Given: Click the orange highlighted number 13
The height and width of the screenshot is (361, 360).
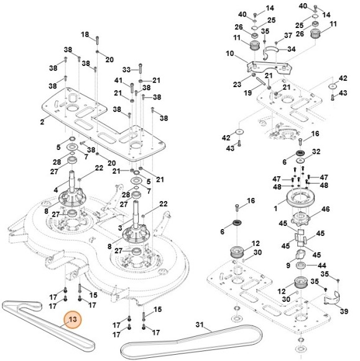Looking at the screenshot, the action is click(x=73, y=319).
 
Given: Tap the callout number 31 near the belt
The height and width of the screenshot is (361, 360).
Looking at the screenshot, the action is click(x=200, y=325).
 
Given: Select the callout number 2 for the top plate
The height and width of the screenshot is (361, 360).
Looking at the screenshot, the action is click(x=42, y=122).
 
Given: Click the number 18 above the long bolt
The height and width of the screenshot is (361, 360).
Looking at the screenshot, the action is click(x=85, y=34).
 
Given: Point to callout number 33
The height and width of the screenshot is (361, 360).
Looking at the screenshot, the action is click(x=126, y=70).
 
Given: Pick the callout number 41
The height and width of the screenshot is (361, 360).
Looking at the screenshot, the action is click(x=118, y=80).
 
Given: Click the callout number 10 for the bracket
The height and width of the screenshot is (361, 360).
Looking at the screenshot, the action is click(x=229, y=54).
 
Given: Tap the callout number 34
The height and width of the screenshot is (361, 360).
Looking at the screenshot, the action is click(x=292, y=49).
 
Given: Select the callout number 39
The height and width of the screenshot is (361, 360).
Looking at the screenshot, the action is click(x=344, y=311).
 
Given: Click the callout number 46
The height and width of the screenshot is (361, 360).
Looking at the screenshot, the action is click(x=326, y=209).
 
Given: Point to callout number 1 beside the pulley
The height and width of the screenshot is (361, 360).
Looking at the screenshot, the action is click(x=275, y=209).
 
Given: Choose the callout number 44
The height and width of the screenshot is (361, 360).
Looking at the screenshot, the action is click(x=322, y=265).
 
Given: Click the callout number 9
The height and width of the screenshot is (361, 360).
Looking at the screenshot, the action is click(x=288, y=265).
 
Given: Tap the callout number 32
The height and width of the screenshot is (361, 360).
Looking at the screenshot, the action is click(x=316, y=151).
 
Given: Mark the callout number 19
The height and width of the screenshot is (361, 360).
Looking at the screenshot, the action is click(x=247, y=93).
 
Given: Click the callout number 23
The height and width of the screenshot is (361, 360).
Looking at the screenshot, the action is click(x=237, y=84).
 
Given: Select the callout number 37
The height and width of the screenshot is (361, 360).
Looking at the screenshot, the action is click(x=288, y=35).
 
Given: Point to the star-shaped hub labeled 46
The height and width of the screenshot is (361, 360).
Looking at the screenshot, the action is click(x=300, y=218).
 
